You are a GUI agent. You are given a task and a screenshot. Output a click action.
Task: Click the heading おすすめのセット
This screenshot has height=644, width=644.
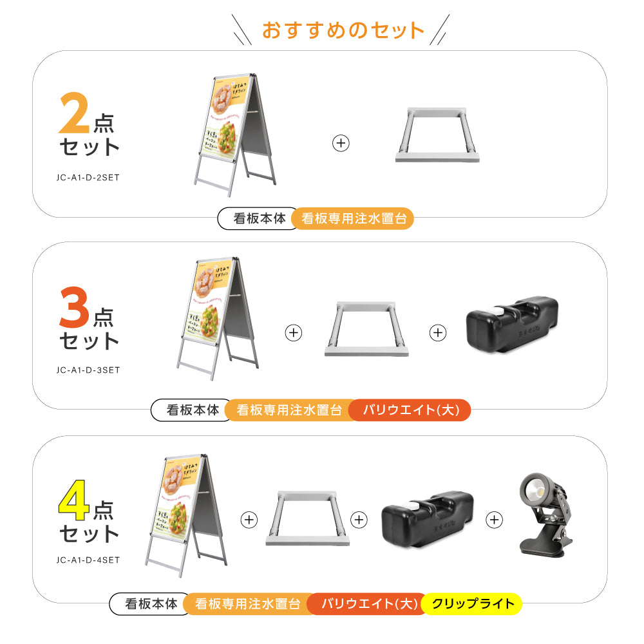click(343, 30)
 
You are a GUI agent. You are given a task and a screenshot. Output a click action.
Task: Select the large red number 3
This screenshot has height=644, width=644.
click(75, 310)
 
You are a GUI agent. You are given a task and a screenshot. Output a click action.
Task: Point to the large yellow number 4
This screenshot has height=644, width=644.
click(75, 504)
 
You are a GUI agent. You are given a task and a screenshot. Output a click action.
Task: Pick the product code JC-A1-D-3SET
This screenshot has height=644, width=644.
click(87, 370)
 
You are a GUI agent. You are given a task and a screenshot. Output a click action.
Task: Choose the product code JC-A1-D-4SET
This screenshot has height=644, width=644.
click(87, 560)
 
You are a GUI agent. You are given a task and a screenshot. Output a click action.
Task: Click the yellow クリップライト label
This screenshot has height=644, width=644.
click(473, 604)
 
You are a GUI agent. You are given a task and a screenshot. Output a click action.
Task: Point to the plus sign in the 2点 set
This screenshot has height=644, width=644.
click(341, 143)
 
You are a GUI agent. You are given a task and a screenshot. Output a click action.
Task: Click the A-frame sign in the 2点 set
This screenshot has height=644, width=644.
click(236, 134)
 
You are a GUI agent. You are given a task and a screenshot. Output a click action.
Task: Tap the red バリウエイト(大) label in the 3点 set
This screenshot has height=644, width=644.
click(410, 410)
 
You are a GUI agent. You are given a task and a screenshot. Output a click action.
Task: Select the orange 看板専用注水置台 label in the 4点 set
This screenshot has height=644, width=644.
click(247, 604)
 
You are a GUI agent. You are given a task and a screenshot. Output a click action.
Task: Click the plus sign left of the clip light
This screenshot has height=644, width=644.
click(495, 519)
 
